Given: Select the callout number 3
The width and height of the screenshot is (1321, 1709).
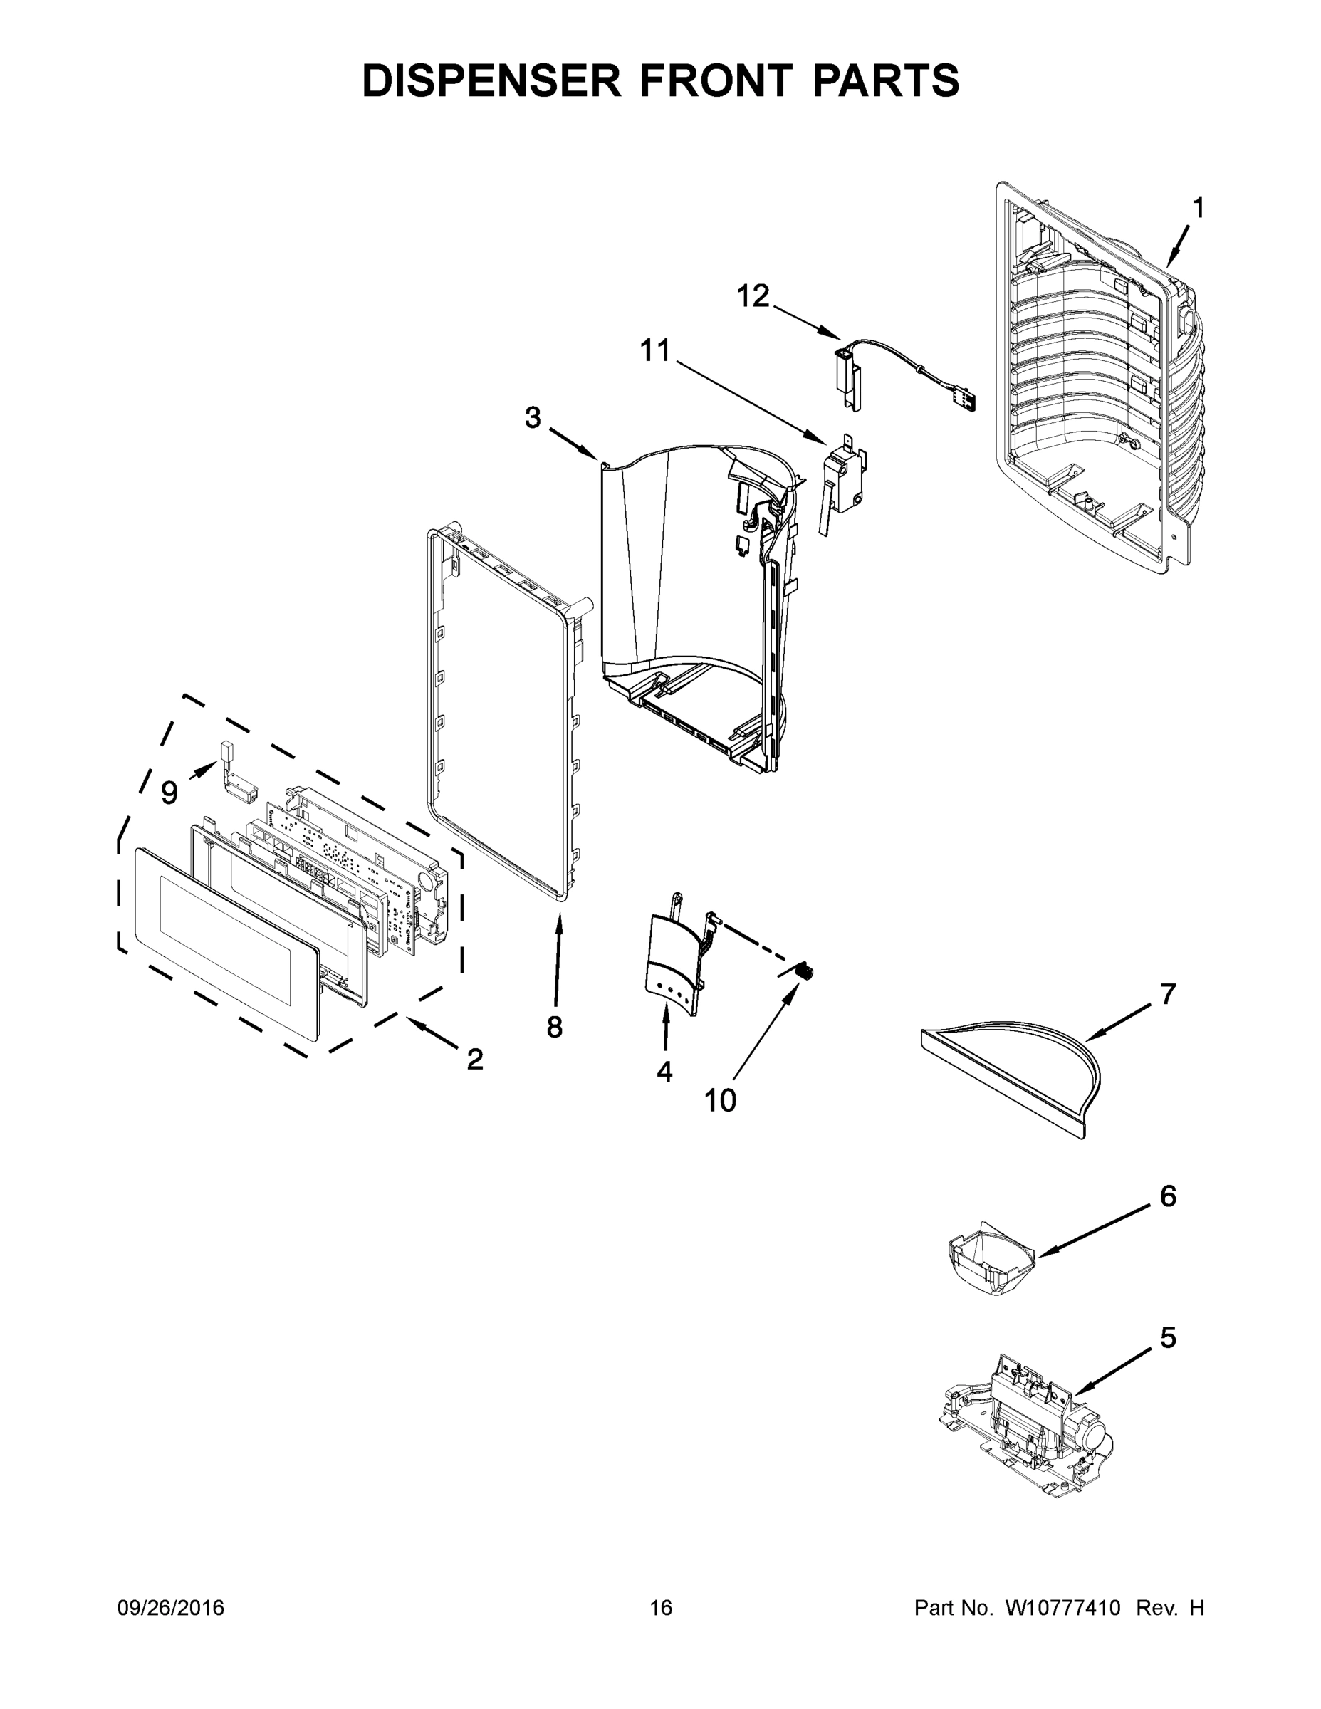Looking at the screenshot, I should [x=532, y=418].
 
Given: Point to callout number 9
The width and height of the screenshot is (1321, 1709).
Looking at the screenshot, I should [x=169, y=793].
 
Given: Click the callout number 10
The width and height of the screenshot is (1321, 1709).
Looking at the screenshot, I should [x=720, y=1101].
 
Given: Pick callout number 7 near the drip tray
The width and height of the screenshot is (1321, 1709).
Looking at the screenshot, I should [x=1168, y=995].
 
